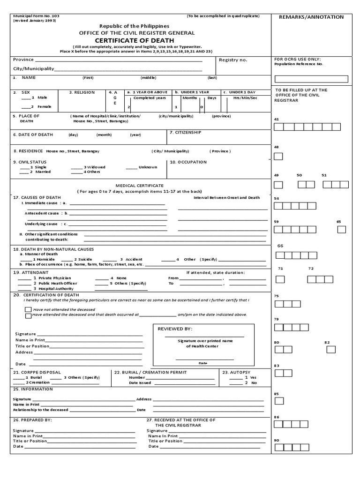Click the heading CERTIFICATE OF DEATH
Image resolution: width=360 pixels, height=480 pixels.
[x=134, y=41]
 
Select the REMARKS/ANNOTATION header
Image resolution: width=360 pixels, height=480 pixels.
[x=311, y=17]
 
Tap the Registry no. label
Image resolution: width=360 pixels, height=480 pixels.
[x=233, y=60]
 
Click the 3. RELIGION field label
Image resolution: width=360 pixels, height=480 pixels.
[x=82, y=92]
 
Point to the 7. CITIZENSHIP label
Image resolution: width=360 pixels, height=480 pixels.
[x=185, y=132]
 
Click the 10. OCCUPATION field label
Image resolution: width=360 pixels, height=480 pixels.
[x=188, y=162]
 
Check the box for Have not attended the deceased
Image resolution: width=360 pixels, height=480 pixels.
[x=29, y=310]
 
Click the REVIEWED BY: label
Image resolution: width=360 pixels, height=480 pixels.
[x=175, y=329]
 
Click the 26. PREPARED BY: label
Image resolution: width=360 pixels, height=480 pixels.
[x=32, y=420]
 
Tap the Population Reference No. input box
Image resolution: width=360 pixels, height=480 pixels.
[x=311, y=79]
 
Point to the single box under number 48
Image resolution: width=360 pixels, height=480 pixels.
[x=278, y=156]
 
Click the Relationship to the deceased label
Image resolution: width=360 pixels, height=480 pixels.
[x=41, y=410]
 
